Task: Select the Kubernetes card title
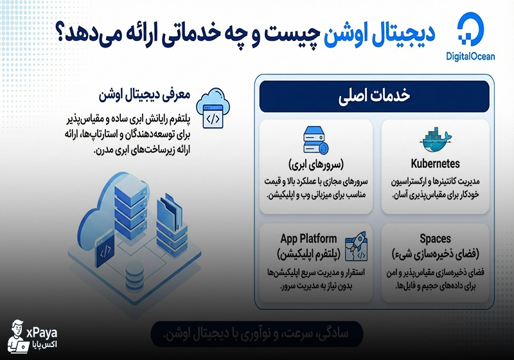pyautogui.click(x=434, y=163)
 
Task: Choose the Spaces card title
pyautogui.click(x=434, y=239)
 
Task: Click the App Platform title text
pyautogui.click(x=308, y=239)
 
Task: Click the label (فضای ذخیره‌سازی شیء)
pyautogui.click(x=434, y=254)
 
